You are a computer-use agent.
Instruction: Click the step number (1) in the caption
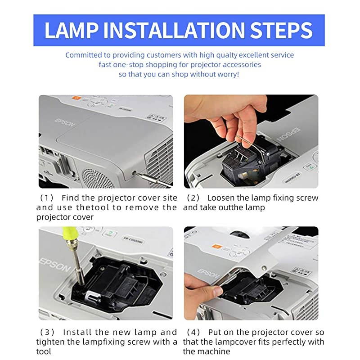click(x=47, y=198)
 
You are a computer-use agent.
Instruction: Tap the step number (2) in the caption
click(x=193, y=198)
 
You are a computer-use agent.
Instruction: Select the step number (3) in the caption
click(x=47, y=333)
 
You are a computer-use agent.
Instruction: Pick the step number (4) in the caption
click(x=193, y=333)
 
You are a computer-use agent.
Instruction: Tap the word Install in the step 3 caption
click(x=77, y=333)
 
